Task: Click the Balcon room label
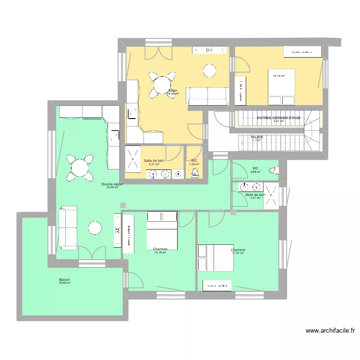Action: pyautogui.click(x=64, y=280)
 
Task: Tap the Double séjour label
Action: pyautogui.click(x=112, y=184)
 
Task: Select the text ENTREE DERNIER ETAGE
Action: pyautogui.click(x=278, y=118)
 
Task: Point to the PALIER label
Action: pyautogui.click(x=257, y=137)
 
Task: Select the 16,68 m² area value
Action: pyautogui.click(x=64, y=283)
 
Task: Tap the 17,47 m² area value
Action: pyautogui.click(x=238, y=253)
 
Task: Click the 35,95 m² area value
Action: pyautogui.click(x=112, y=187)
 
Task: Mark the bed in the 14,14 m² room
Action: pyautogui.click(x=281, y=87)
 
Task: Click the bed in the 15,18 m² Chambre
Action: pyautogui.click(x=162, y=230)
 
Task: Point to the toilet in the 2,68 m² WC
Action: pyautogui.click(x=273, y=169)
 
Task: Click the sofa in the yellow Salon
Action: pyautogui.click(x=207, y=96)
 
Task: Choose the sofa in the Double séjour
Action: pyautogui.click(x=67, y=228)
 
